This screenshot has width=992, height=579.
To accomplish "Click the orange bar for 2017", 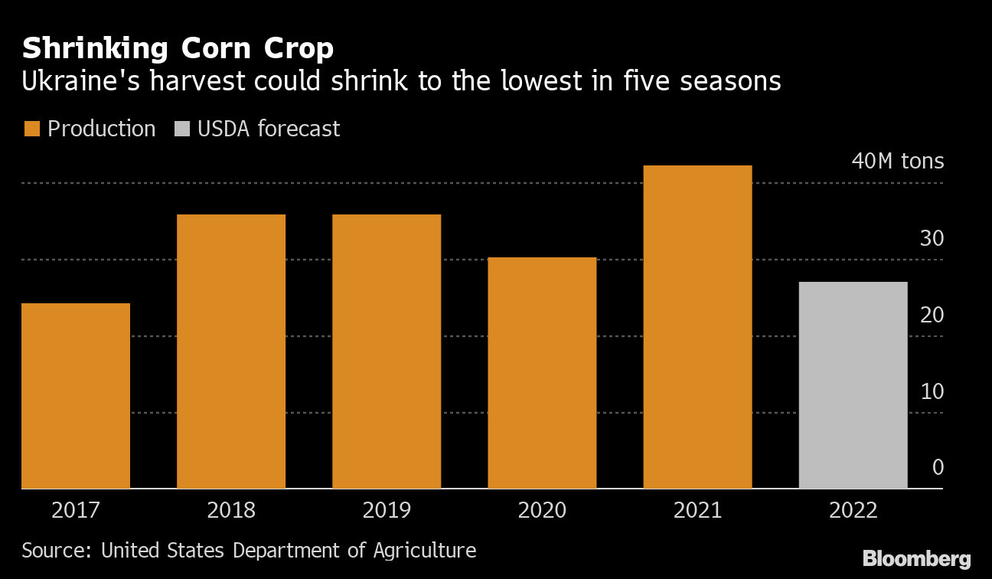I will click(x=76, y=395).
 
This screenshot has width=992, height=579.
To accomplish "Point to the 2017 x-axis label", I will click(x=76, y=510).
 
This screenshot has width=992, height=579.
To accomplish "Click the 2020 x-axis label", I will click(x=542, y=510).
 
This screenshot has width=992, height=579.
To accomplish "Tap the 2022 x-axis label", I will click(x=853, y=510).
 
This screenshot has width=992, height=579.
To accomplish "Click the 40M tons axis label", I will click(x=897, y=162).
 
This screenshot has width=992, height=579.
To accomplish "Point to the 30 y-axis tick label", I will click(x=932, y=238).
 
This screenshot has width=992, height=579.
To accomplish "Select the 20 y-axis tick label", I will click(x=932, y=315).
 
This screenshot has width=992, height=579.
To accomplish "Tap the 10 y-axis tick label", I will click(x=932, y=391).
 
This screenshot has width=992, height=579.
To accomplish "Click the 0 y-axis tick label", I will click(x=938, y=468).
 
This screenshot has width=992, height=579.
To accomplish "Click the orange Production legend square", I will click(x=31, y=129).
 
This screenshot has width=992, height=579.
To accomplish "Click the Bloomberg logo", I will click(x=916, y=559).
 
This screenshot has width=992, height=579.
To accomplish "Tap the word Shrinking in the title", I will click(x=96, y=49).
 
